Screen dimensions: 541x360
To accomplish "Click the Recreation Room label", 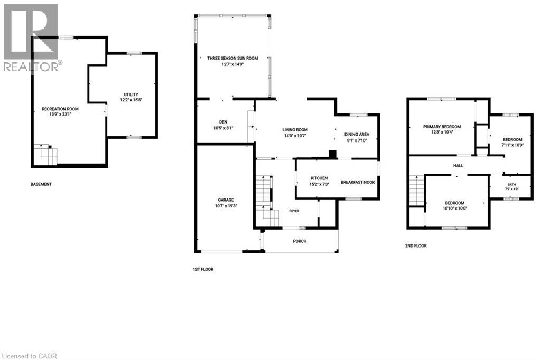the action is (60, 109).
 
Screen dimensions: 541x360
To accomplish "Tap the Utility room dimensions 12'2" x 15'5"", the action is (131, 100).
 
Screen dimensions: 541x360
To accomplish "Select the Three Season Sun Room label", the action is (232, 58).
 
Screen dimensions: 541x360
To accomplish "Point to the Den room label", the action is (223, 122).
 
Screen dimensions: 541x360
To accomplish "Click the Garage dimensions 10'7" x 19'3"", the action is (226, 206).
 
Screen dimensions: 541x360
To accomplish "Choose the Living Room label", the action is (295, 130).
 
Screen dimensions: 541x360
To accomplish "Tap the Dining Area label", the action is (357, 135).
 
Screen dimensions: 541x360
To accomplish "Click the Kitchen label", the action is (319, 178).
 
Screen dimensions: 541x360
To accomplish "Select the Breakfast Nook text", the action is (358, 182).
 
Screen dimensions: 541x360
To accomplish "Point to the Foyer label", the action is (294, 211).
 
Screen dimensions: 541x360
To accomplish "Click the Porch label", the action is (300, 241).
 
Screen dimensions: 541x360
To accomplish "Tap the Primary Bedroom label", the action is (442, 127).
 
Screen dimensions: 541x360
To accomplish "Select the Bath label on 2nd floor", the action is (511, 184).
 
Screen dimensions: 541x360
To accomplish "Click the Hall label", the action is (458, 166).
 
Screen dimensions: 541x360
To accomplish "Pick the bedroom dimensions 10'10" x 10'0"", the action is (455, 209).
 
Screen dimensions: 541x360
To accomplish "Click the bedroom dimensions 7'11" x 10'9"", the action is (512, 145).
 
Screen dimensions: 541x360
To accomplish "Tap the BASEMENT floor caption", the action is (41, 184).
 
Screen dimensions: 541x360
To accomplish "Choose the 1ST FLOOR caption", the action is (203, 269).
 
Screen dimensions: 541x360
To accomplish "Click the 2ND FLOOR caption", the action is (416, 246).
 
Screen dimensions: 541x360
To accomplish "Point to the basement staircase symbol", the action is (45, 155).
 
